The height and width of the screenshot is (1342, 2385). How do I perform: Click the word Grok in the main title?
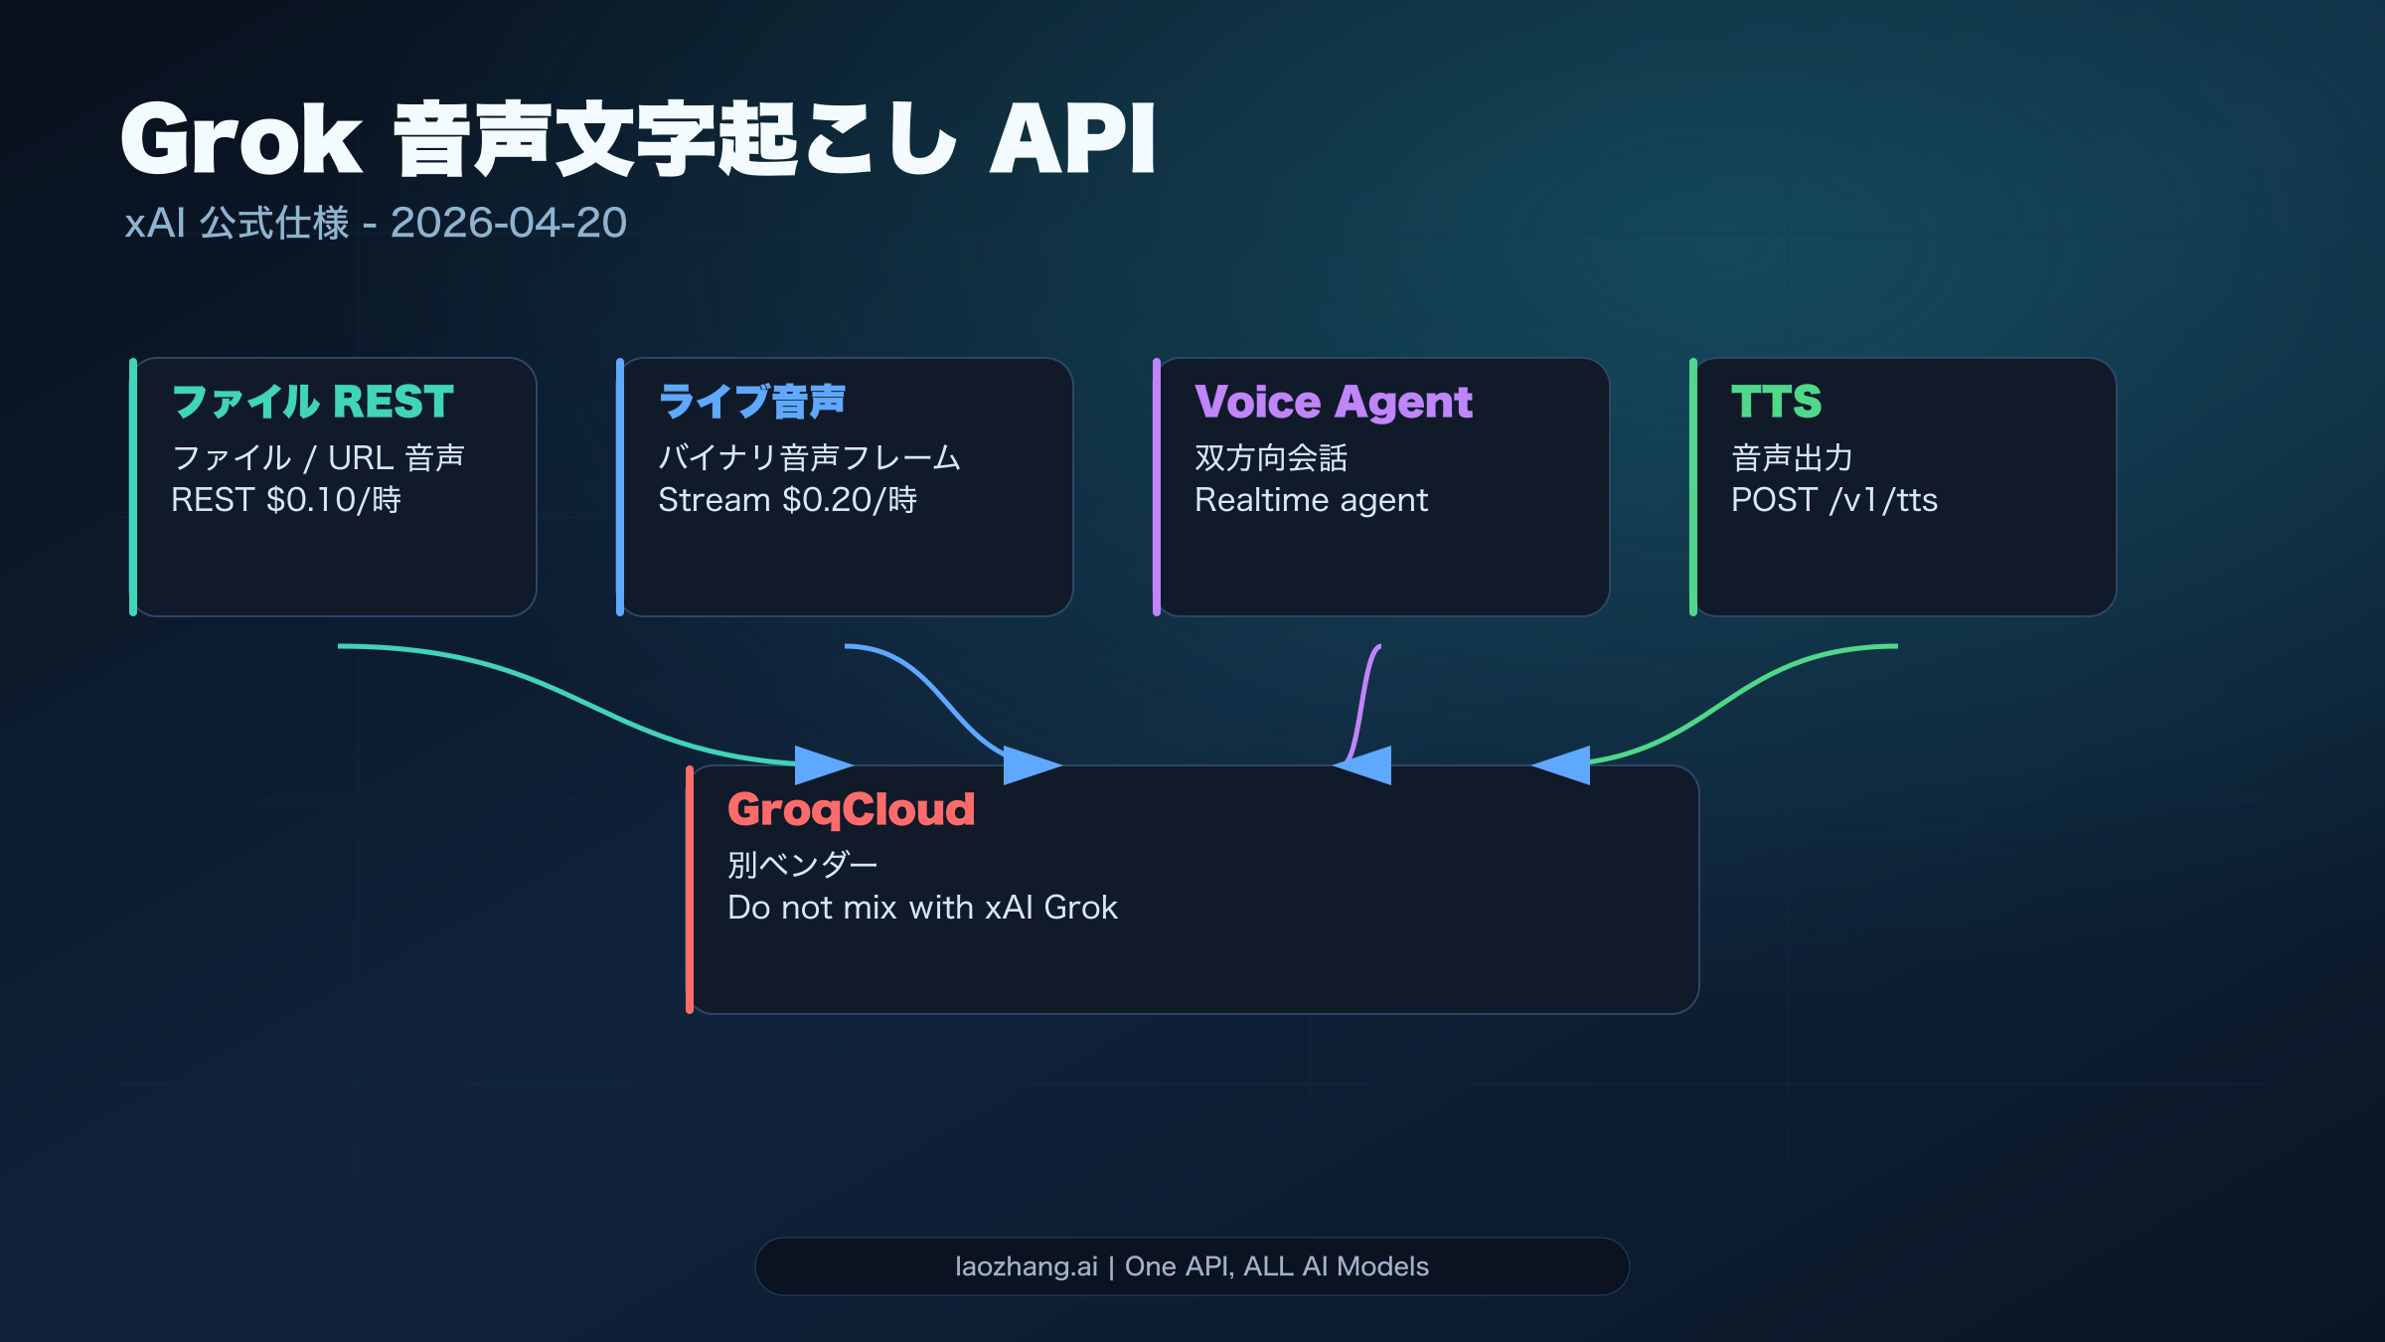241,139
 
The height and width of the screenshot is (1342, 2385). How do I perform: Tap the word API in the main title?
1072,139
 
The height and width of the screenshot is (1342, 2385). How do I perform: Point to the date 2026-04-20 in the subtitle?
508,223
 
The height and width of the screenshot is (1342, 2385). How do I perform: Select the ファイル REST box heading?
312,402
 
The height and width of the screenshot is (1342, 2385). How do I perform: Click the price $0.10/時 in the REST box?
334,499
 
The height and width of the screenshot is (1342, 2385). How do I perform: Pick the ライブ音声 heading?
751,402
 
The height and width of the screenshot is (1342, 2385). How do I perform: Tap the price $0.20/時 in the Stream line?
850,499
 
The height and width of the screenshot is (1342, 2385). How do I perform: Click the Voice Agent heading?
1333,402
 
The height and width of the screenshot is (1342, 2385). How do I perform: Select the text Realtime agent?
1311,499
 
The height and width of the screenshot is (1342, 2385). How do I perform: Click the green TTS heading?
1776,402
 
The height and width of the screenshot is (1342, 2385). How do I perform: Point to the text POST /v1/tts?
1833,499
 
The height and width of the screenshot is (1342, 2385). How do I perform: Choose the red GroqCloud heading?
851,809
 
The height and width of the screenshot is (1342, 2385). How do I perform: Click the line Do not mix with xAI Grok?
922,907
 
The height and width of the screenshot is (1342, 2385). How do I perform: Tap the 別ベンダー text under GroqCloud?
802,864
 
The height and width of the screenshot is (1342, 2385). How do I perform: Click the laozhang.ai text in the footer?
1026,1266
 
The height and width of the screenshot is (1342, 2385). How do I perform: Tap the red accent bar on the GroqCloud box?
690,890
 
